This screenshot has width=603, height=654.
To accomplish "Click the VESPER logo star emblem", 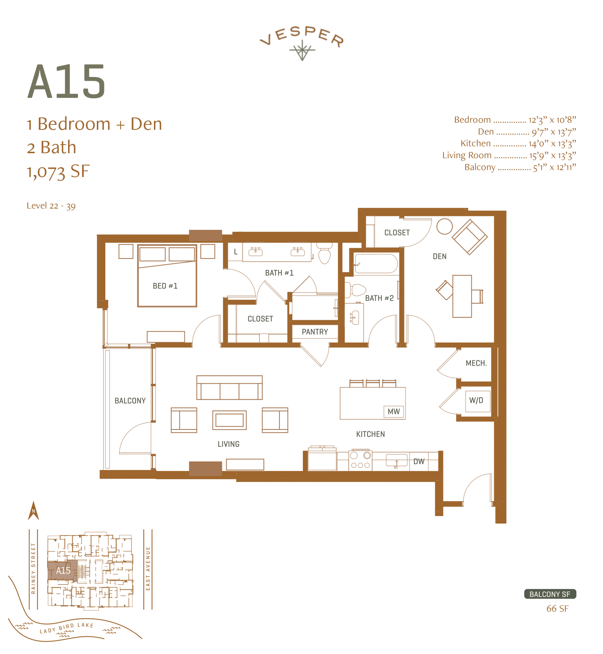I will click(x=302, y=51).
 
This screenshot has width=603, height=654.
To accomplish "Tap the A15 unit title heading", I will click(x=66, y=82).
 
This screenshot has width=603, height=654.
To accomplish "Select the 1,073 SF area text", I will click(x=58, y=172).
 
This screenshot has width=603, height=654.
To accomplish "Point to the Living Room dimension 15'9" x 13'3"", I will click(x=552, y=155).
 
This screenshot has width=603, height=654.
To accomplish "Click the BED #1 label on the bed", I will click(x=165, y=286).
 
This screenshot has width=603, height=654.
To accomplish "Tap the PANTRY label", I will click(x=315, y=332).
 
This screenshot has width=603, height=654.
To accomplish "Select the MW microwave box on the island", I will click(x=394, y=411).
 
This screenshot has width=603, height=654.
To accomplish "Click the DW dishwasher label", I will click(x=419, y=461).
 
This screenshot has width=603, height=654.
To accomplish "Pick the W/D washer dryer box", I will click(x=477, y=401).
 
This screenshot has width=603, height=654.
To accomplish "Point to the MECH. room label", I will click(x=476, y=363).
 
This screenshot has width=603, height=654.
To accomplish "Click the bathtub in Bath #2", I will click(x=376, y=264).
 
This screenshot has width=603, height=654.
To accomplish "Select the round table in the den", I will click(x=444, y=226).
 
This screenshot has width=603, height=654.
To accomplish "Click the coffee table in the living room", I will click(x=229, y=420).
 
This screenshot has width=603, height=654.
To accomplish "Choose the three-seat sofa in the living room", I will click(x=229, y=388).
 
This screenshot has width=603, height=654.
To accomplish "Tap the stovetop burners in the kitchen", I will click(x=360, y=460).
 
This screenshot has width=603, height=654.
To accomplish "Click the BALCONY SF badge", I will click(x=550, y=594).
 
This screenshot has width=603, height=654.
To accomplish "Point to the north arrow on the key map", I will click(x=33, y=511).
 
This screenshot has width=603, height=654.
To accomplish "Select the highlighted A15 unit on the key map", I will click(x=62, y=571).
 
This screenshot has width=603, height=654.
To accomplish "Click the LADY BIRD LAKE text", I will click(x=66, y=628).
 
